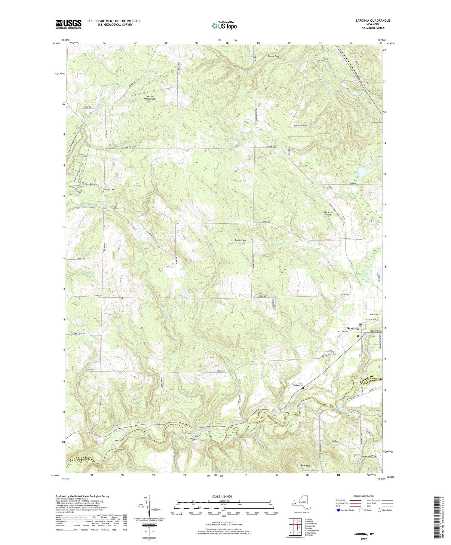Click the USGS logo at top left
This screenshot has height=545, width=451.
[x=69, y=24]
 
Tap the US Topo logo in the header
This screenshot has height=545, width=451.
[x=224, y=26]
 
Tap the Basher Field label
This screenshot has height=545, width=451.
[x=240, y=240]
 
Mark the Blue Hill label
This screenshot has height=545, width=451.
[x=305, y=466]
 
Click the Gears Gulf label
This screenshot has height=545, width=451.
[x=273, y=56]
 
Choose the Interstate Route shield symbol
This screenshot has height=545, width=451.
[x=338, y=510]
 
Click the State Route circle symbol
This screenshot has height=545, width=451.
[x=380, y=510]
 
